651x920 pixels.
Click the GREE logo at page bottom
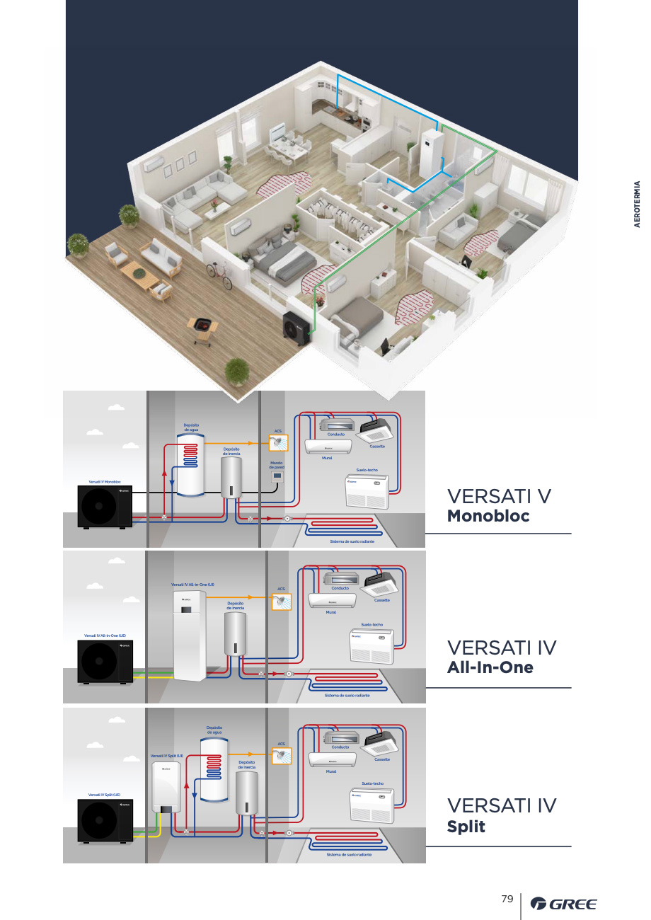[563, 904]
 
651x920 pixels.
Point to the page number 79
[507, 899]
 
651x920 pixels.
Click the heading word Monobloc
[488, 516]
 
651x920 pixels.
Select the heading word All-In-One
[490, 667]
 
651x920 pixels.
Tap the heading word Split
[466, 827]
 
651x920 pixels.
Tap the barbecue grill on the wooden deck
[202, 328]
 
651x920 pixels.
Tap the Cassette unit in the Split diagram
[379, 744]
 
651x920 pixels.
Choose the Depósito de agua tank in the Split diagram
[214, 766]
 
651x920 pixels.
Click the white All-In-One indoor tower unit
[190, 636]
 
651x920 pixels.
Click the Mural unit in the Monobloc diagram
[328, 447]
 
